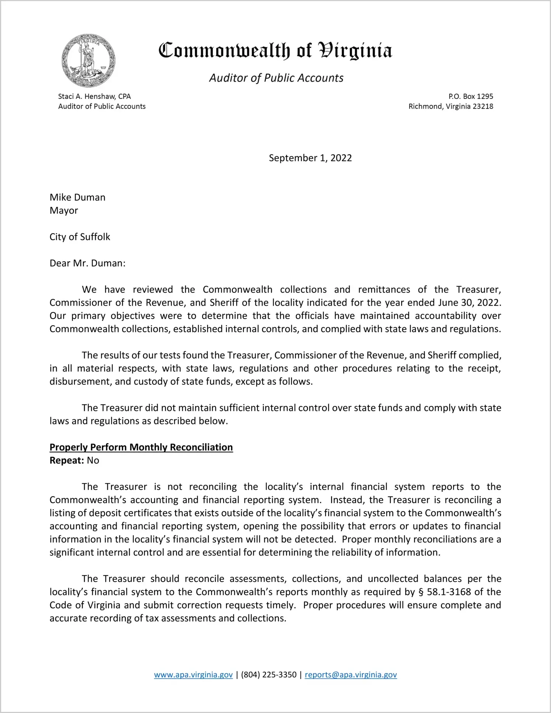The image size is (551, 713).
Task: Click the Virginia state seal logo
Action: [88, 61]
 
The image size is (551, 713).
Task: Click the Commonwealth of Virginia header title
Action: [275, 51]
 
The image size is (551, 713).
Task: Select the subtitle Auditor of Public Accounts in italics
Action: [276, 78]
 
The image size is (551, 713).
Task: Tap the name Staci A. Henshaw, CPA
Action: [94, 96]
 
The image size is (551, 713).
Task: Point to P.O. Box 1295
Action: [471, 96]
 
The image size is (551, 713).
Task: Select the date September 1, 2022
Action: [310, 158]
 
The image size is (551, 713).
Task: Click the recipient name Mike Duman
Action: [77, 197]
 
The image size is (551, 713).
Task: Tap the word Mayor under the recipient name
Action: [64, 210]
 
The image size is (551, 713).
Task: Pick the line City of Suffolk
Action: [80, 237]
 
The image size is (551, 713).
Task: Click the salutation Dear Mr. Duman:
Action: [87, 263]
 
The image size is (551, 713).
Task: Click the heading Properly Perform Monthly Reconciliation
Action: [141, 447]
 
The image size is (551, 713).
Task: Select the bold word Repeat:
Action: [67, 460]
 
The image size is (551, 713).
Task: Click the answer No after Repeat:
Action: [93, 460]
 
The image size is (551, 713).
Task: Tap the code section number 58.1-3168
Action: [449, 592]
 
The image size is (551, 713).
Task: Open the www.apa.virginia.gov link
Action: [193, 675]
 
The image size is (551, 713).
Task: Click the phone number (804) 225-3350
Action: [268, 675]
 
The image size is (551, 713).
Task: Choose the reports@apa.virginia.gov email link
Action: [351, 675]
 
